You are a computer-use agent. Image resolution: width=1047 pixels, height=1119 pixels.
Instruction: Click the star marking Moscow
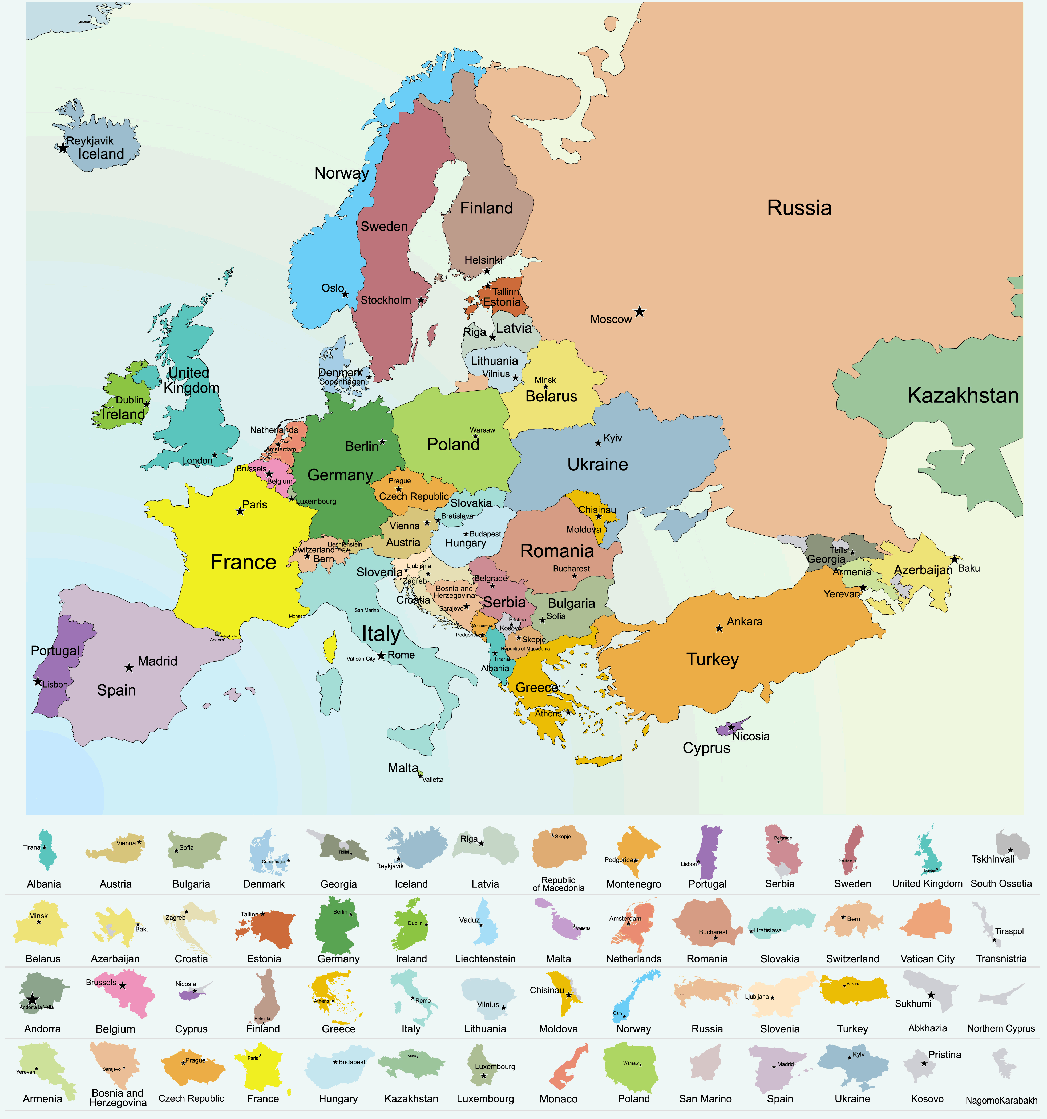click(640, 311)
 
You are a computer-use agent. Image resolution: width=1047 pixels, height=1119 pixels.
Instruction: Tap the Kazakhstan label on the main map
click(963, 396)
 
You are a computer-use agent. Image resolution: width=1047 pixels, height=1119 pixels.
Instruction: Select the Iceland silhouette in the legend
click(417, 848)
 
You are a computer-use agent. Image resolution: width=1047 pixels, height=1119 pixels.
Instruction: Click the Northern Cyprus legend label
click(1001, 1028)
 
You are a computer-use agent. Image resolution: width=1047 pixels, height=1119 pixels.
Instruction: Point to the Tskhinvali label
click(993, 859)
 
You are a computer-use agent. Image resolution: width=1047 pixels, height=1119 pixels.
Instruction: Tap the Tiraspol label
click(1009, 931)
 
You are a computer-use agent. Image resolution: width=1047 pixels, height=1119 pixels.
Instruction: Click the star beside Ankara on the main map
click(719, 628)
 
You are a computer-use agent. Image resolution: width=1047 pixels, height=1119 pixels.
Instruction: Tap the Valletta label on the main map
click(433, 779)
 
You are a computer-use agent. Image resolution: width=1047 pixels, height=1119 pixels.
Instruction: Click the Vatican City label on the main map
click(361, 659)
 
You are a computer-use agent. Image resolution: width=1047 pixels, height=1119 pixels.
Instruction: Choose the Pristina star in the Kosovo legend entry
click(924, 1063)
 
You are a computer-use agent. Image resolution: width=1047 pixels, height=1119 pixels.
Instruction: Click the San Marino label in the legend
click(705, 1099)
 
